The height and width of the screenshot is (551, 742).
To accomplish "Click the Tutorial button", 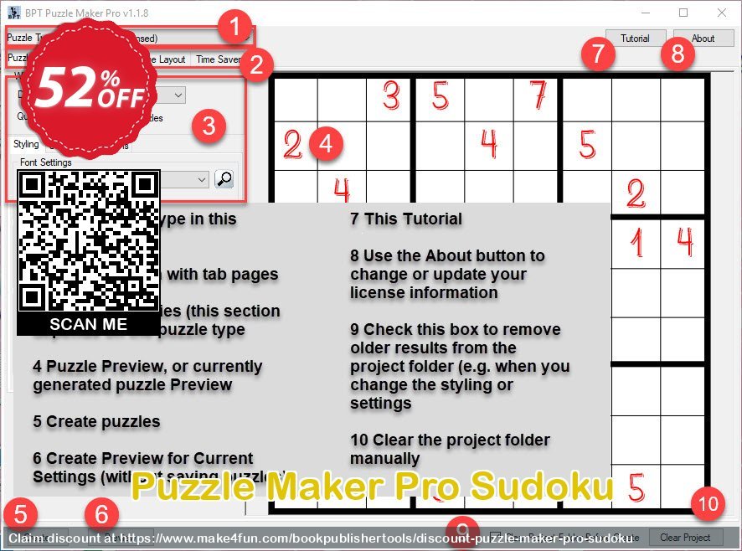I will pos(635,39).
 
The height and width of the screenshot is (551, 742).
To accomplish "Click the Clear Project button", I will pos(684,538).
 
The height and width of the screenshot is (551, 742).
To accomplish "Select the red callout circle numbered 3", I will pos(209,126).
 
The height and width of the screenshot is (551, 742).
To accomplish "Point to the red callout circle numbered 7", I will pos(597,54).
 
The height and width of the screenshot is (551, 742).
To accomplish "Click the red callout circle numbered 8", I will pos(677,54).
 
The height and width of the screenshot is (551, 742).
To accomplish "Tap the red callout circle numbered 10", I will pos(709,504).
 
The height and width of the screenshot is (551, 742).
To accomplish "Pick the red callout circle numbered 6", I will pos(100,514).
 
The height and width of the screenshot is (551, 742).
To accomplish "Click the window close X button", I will pos(722,13).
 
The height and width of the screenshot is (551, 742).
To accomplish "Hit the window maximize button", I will pos(683,13).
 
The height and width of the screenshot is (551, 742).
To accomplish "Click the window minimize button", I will pos(645,13).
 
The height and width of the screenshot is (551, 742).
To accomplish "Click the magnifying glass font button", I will pos(224,178).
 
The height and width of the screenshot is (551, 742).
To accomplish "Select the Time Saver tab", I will pos(217,59).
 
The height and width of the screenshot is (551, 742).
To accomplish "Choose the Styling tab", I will pos(26,144).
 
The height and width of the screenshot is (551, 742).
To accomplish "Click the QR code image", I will pos(89,240).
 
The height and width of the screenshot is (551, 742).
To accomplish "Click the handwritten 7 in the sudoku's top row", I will pos(537,96).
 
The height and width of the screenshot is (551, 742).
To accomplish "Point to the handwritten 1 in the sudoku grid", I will pos(636,243).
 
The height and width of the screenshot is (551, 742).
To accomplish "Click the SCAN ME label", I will pos(89,324).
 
